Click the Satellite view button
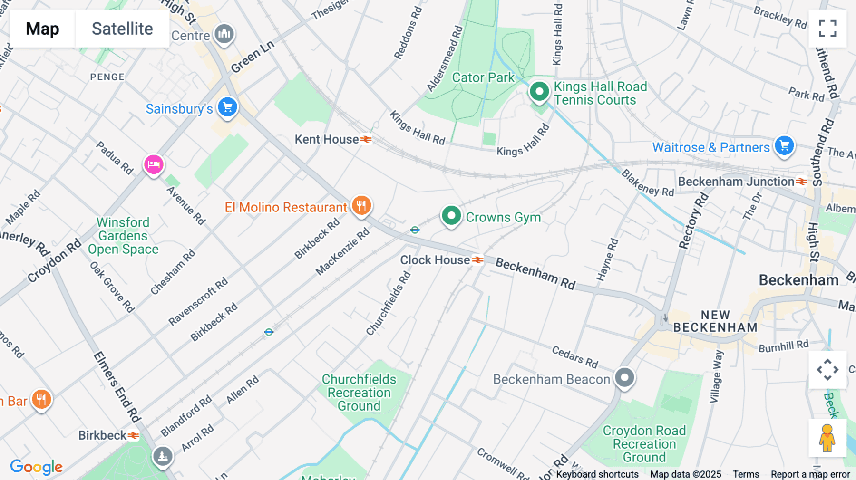pos(122,29)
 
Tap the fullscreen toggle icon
pos(827,29)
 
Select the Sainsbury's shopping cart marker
pos(227,107)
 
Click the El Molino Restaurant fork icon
pos(361,206)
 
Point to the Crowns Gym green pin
pos(451,216)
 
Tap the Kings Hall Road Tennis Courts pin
pos(539,91)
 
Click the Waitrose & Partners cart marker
pos(784,145)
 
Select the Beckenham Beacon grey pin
pos(624,378)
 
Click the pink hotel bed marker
pos(154,164)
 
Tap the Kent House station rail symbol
pos(366,139)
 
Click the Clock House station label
pos(435,260)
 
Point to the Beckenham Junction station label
pos(736,182)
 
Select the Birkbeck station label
pos(102,435)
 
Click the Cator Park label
pos(483,77)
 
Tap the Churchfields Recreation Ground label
pos(359,393)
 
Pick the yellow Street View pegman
pos(827,438)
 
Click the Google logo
pos(36,467)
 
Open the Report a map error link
pos(810,474)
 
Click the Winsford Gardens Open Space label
pos(123,236)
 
